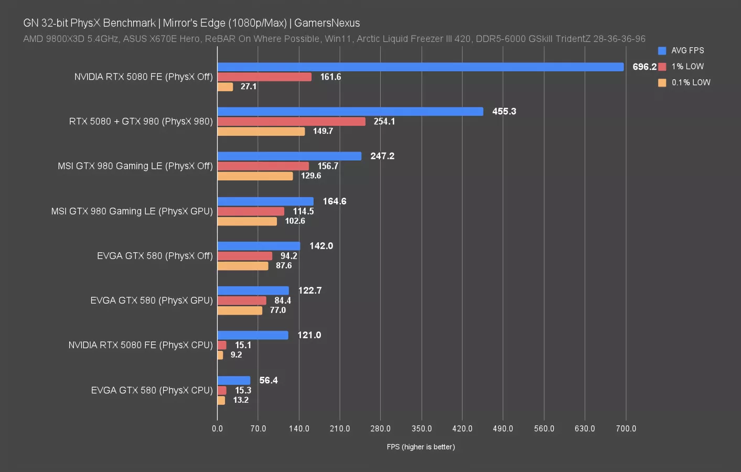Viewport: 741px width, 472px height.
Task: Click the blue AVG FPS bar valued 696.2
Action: (x=420, y=67)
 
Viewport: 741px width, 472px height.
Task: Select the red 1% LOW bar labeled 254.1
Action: (x=291, y=122)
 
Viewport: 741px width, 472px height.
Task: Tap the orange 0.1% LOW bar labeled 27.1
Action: (x=225, y=87)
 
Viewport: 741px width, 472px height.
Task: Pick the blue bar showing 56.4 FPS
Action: (x=234, y=381)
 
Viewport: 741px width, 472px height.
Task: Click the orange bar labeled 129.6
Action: (x=255, y=176)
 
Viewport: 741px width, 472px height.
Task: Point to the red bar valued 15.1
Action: (x=222, y=346)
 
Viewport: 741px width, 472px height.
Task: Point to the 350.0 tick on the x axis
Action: (x=422, y=429)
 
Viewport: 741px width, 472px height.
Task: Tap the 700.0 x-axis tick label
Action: (x=626, y=429)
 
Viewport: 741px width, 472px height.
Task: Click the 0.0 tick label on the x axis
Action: (x=217, y=429)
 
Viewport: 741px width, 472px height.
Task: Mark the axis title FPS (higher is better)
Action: (x=421, y=447)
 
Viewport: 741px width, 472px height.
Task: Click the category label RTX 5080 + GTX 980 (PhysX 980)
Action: (x=141, y=122)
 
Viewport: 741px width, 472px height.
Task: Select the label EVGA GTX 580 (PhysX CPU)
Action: (x=152, y=391)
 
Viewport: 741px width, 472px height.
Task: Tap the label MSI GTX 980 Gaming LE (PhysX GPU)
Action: (x=132, y=211)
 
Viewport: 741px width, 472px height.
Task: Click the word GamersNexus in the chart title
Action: (x=327, y=23)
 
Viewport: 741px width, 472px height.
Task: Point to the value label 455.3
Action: (x=504, y=112)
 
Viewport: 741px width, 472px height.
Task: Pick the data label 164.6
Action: (x=334, y=201)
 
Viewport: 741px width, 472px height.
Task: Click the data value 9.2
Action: (x=236, y=355)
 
